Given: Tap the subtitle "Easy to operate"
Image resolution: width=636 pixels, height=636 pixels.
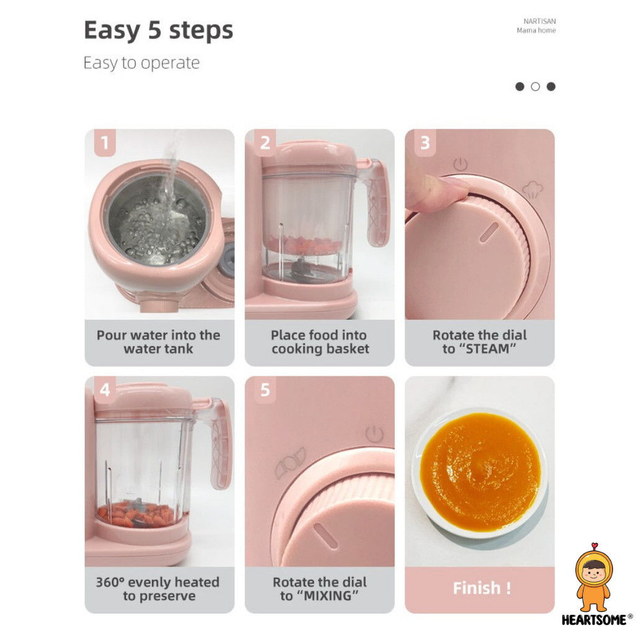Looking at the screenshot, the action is coord(142,63).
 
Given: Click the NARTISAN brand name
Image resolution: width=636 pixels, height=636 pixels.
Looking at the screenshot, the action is coord(540,21).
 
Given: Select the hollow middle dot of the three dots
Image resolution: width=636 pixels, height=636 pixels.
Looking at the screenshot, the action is coord(535,86).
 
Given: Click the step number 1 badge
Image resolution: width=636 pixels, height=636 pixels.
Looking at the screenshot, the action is coord(104,143).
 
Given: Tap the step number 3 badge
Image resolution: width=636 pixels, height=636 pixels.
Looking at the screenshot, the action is coord(425,143).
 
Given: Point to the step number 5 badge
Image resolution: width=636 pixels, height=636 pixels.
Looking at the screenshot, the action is coord(265,390).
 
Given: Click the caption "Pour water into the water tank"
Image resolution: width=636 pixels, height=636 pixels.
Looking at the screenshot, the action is coord(158,342).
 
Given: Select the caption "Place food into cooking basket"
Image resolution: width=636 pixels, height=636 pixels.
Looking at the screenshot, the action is coord(320,342).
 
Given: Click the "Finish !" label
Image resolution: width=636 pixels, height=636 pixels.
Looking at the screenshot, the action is coord(481,588).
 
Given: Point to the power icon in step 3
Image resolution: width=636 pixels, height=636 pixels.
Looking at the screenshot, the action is coord(460,165).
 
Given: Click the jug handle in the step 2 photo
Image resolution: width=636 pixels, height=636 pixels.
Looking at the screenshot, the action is coord(377,203).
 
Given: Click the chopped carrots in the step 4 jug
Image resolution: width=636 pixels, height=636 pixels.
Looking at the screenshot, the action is coord(137,514).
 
